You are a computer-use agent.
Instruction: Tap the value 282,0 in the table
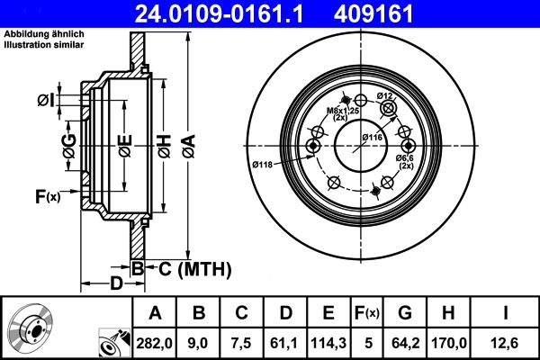pyautogui.click(x=156, y=343)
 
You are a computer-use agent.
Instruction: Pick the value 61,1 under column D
pyautogui.click(x=285, y=343)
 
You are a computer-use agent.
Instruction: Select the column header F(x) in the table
pyautogui.click(x=368, y=313)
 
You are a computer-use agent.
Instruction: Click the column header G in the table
pyautogui.click(x=404, y=313)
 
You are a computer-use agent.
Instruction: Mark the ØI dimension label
pyautogui.click(x=47, y=100)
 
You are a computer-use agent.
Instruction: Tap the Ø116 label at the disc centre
pyautogui.click(x=373, y=136)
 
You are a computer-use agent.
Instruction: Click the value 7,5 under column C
pyautogui.click(x=242, y=343)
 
